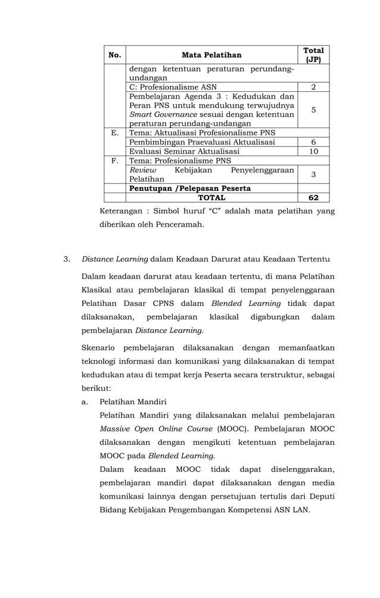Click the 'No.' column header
click(x=115, y=55)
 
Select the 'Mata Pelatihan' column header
click(x=211, y=55)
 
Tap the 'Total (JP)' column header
click(x=313, y=55)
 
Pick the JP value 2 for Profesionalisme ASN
click(x=313, y=87)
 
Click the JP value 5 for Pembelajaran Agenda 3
click(x=313, y=110)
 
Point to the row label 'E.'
click(x=115, y=132)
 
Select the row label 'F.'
click(x=115, y=161)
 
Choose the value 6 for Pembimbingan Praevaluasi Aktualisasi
click(x=313, y=142)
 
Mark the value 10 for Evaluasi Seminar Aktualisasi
click(x=313, y=151)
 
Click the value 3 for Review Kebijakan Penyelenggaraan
click(x=313, y=174)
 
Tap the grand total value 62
click(x=313, y=197)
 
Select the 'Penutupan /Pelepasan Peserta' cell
click(x=190, y=188)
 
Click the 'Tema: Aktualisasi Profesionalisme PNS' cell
click(x=202, y=132)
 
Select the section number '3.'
click(x=67, y=259)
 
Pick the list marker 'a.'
click(x=86, y=401)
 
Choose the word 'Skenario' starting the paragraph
click(x=98, y=348)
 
